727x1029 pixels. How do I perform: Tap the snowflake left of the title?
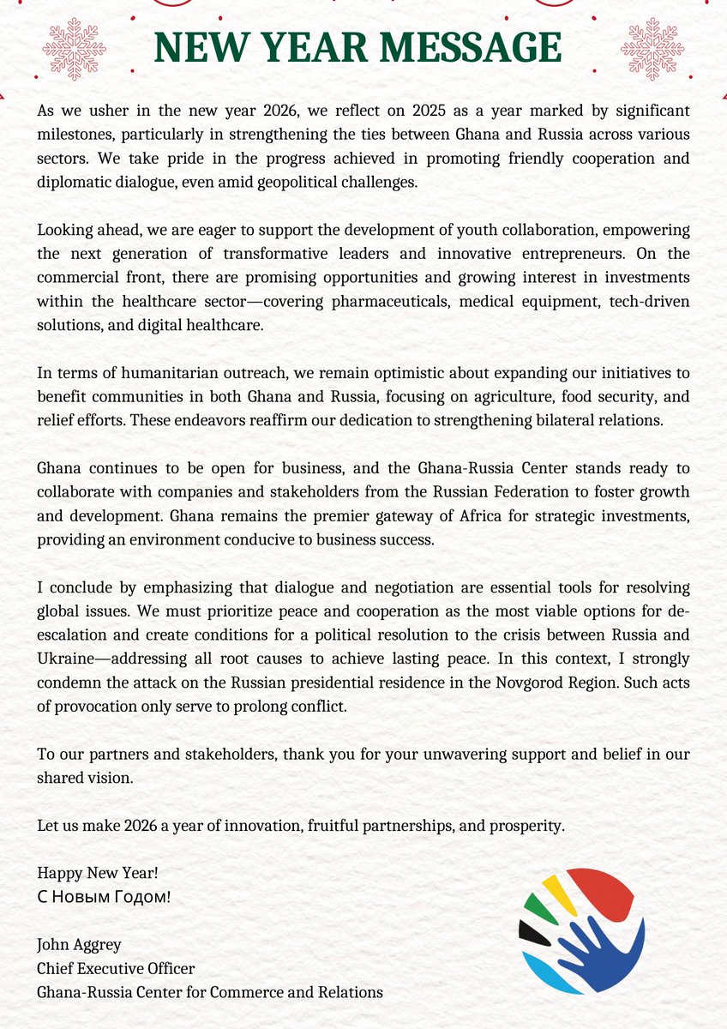coord(75,49)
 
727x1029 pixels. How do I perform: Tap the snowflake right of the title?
coord(652,49)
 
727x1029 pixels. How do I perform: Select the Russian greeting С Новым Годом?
coord(104,897)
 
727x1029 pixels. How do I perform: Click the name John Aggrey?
coord(80,945)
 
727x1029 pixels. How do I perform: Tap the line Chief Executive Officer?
coord(116,969)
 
